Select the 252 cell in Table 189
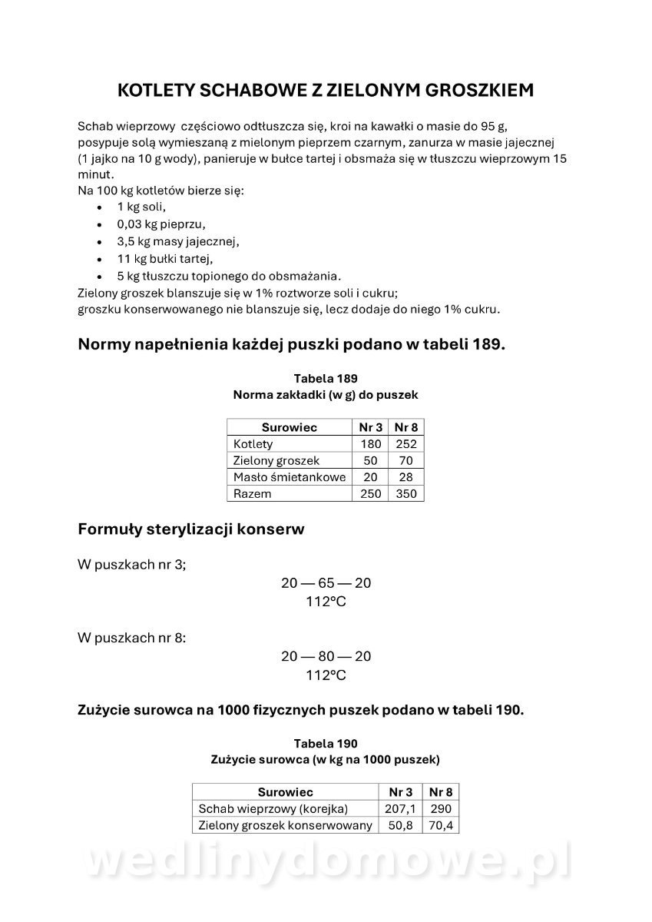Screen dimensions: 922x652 pyautogui.click(x=406, y=444)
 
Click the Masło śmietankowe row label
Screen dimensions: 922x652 pyautogui.click(x=289, y=477)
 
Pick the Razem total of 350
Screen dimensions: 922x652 pyautogui.click(x=406, y=494)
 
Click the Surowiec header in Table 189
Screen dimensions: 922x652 pyautogui.click(x=289, y=427)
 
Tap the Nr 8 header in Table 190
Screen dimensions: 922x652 pyautogui.click(x=441, y=792)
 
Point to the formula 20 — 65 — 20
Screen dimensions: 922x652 pyautogui.click(x=326, y=583)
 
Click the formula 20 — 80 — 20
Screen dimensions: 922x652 pyautogui.click(x=326, y=656)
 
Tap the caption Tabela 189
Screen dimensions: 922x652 pyautogui.click(x=326, y=378)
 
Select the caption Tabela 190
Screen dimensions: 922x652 pyautogui.click(x=326, y=743)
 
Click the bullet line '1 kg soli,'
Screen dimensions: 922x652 pyautogui.click(x=141, y=207)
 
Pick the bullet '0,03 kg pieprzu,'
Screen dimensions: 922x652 pyautogui.click(x=161, y=224)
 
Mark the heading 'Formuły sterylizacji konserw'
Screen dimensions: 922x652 pyautogui.click(x=191, y=529)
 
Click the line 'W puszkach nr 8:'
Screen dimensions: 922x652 pyautogui.click(x=131, y=638)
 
